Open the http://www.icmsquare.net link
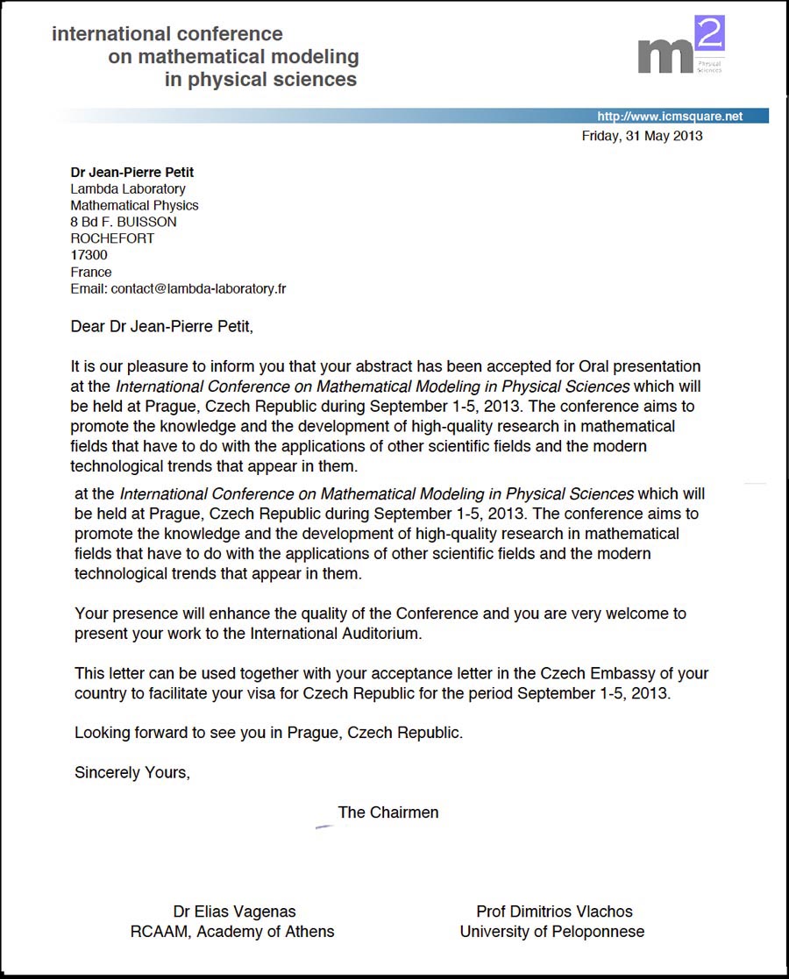[x=669, y=117]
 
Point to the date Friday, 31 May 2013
[x=642, y=136]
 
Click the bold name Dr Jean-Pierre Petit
[x=131, y=172]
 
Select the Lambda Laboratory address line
[x=128, y=188]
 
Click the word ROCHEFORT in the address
[x=112, y=238]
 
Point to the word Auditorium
[x=378, y=633]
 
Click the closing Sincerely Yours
[x=132, y=773]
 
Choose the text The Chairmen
[x=388, y=812]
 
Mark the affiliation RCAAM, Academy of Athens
[x=232, y=932]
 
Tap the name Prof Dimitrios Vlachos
[x=554, y=912]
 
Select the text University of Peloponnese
[x=552, y=932]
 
